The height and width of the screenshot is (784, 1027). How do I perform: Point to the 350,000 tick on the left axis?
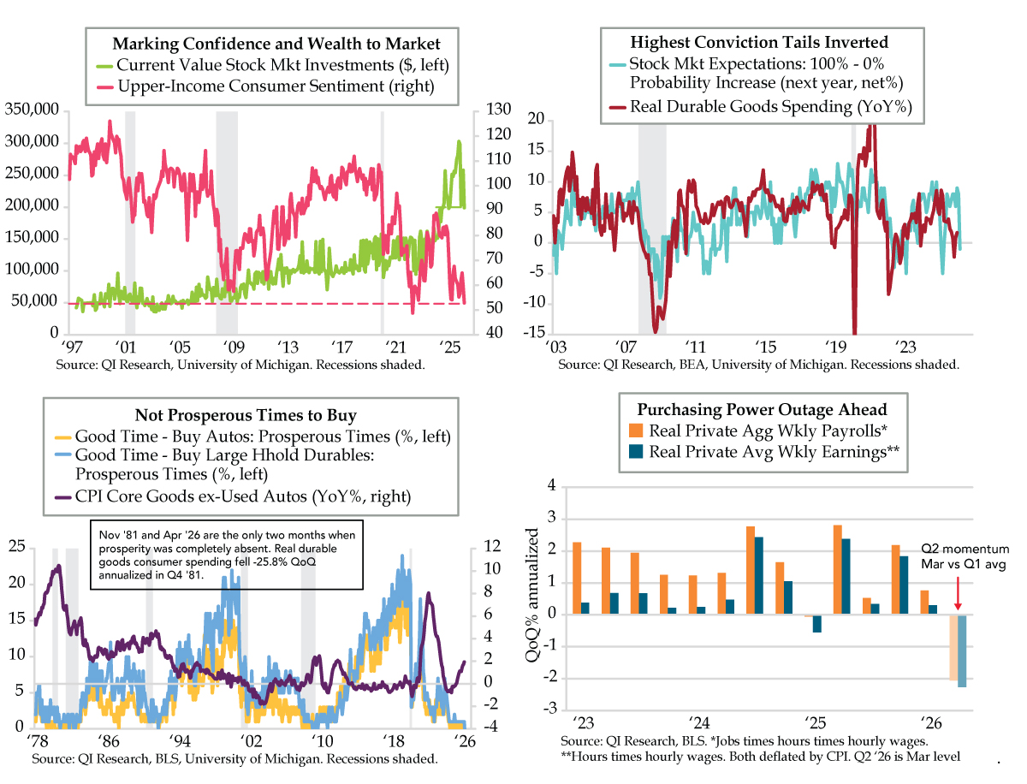coord(31,110)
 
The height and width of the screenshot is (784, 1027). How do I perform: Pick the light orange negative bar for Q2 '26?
coord(953,647)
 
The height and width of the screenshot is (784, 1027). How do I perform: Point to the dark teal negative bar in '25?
coord(816,623)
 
